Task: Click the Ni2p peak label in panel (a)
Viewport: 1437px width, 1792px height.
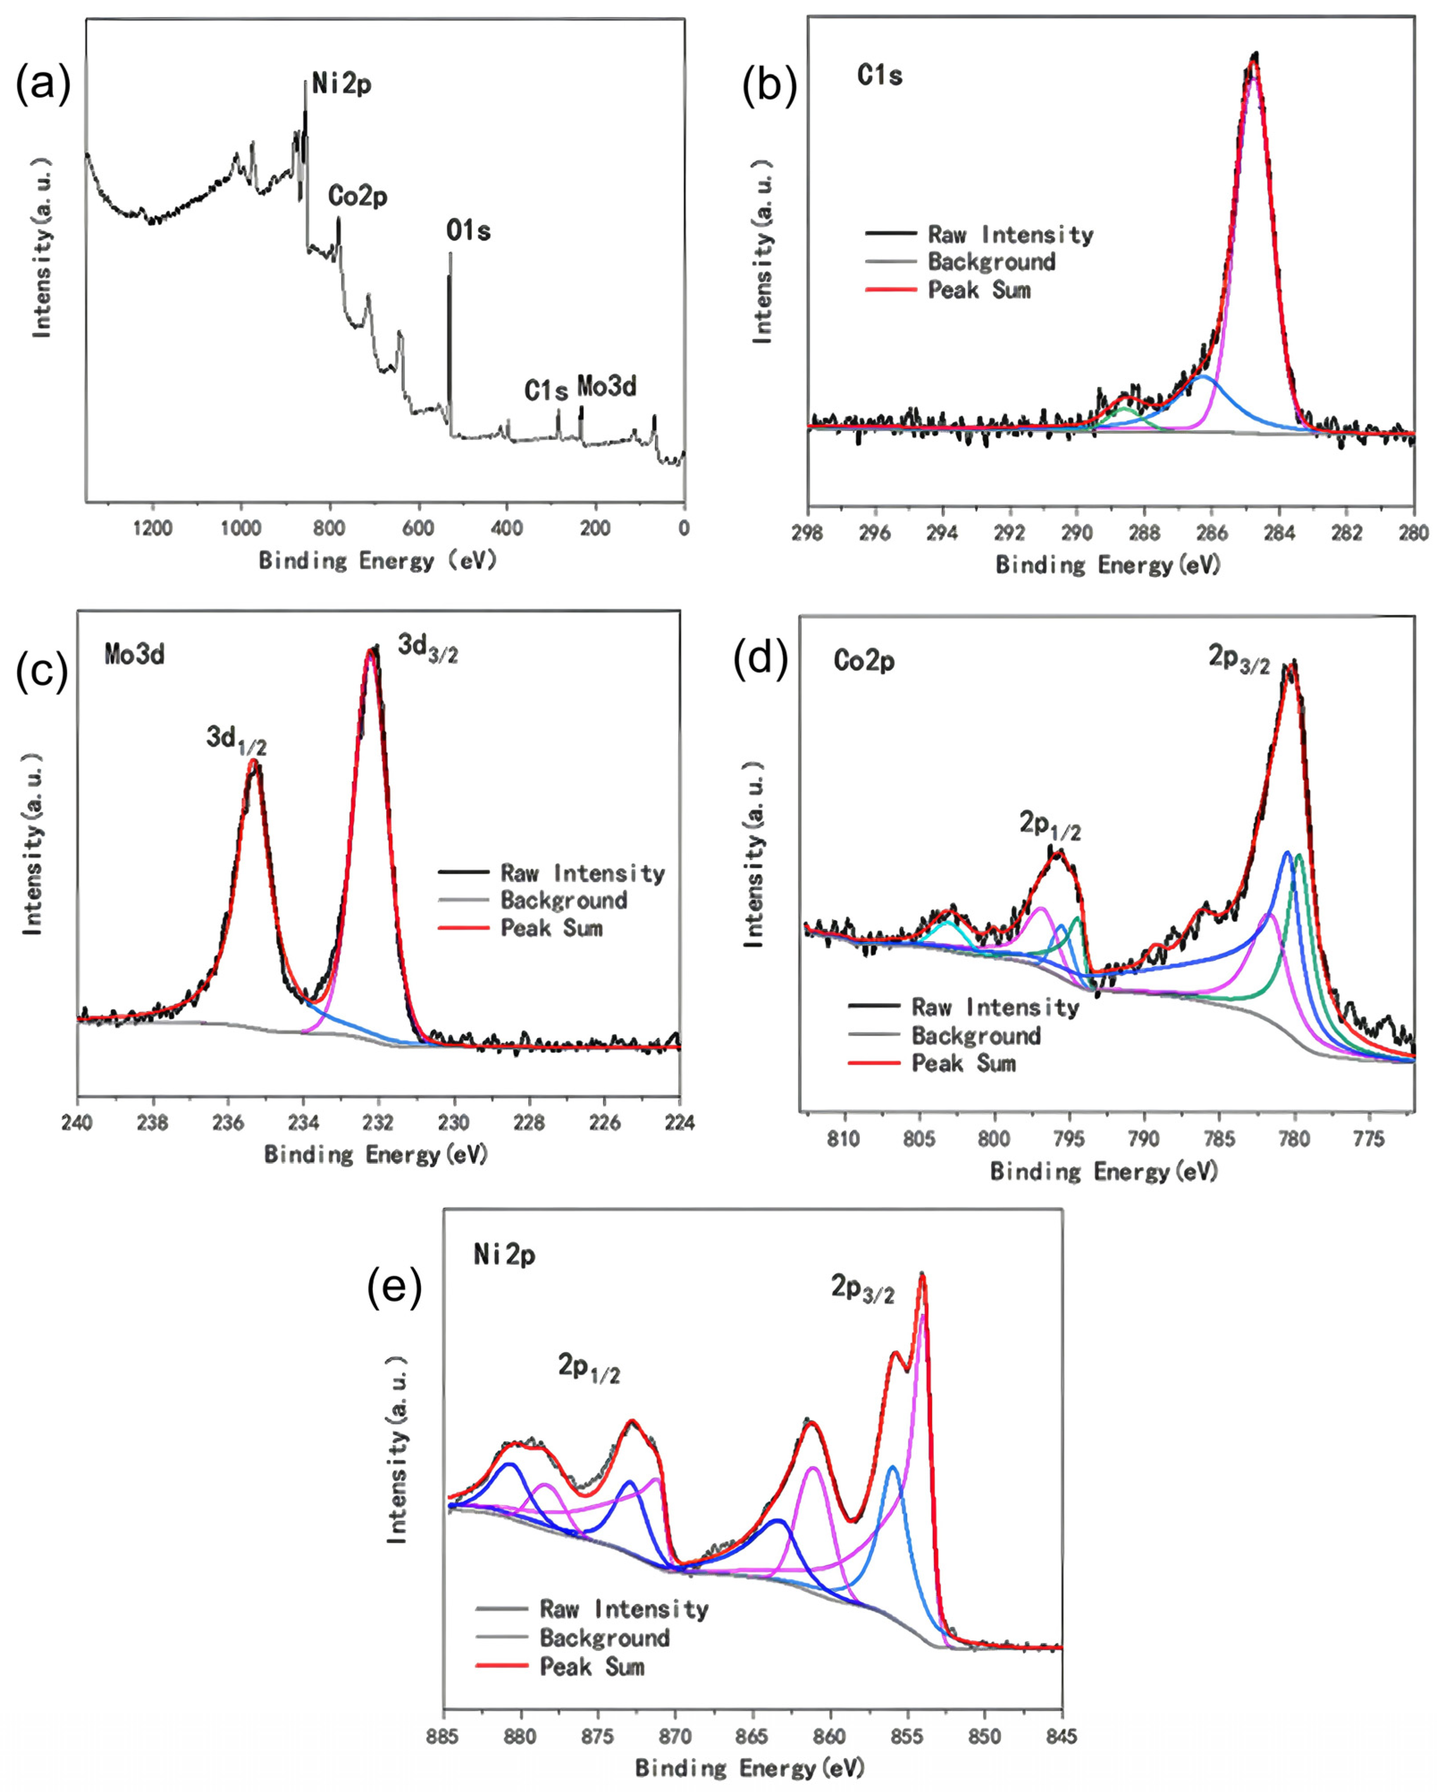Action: tap(341, 84)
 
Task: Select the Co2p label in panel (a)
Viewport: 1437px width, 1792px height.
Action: tap(358, 197)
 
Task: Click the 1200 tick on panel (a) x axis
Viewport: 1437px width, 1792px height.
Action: tap(153, 529)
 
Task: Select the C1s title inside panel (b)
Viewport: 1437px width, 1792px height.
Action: tap(880, 76)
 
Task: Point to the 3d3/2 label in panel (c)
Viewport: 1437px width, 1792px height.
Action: tap(428, 647)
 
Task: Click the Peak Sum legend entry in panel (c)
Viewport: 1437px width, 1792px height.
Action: tap(551, 929)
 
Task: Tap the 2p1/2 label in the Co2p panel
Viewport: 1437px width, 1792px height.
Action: tap(1050, 825)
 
